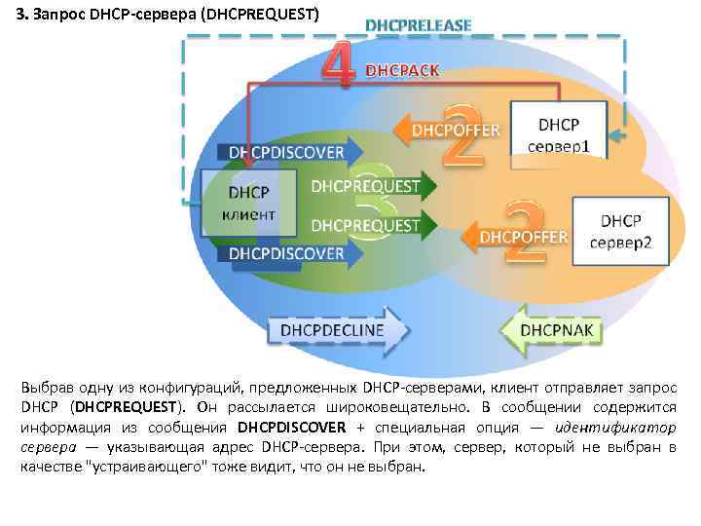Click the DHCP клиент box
239,203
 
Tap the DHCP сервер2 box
620,231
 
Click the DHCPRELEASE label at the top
419,24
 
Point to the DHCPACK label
402,70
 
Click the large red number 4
336,66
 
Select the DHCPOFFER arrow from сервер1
448,129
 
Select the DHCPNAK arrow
550,329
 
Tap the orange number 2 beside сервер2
524,232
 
